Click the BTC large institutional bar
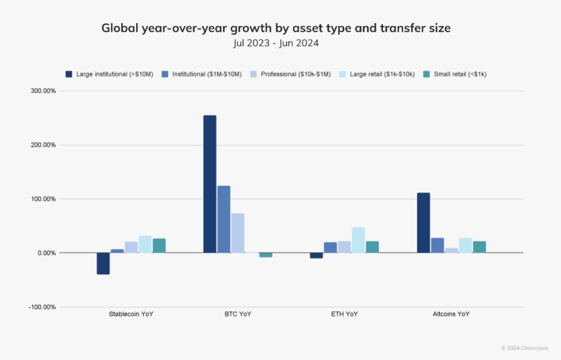pos(210,184)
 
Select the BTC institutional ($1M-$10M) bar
pos(224,219)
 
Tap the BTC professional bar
pos(238,233)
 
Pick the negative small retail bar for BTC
pos(266,255)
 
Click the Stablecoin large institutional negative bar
pos(103,264)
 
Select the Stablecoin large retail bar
pos(145,244)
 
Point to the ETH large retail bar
pos(358,240)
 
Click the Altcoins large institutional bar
pos(423,223)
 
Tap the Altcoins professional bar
pos(451,250)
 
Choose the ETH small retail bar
pos(372,247)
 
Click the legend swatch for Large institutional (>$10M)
pos(68,74)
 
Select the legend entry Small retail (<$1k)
pos(459,74)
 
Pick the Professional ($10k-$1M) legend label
pos(295,74)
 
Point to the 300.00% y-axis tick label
pos(42,91)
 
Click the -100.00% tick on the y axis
pos(42,307)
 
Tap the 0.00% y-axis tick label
pos(45,253)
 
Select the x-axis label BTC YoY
pos(238,313)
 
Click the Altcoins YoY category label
pos(451,313)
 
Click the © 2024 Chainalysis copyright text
pos(524,348)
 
